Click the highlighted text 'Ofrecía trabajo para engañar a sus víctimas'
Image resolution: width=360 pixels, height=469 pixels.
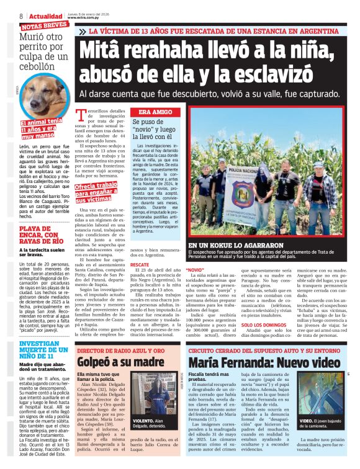(96, 192)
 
